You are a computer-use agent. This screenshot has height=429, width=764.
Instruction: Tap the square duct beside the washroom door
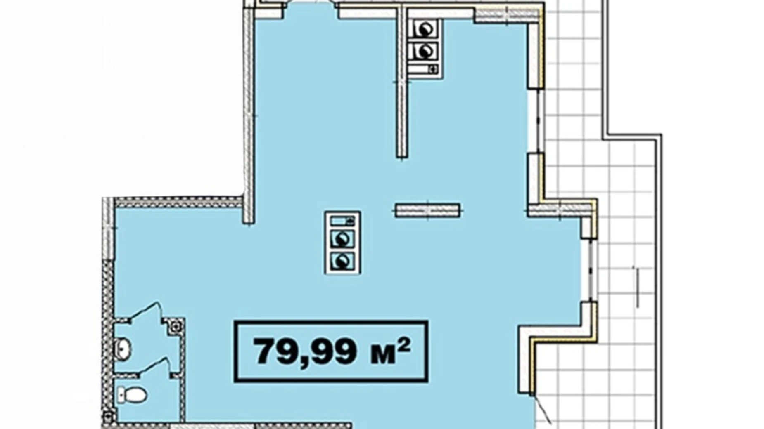176,326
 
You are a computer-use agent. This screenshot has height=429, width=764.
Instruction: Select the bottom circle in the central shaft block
342,261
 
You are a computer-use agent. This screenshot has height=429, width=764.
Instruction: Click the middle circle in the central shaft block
342,239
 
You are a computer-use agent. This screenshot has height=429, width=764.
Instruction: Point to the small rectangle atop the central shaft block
342,221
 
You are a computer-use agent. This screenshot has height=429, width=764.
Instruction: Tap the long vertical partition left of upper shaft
402,82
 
